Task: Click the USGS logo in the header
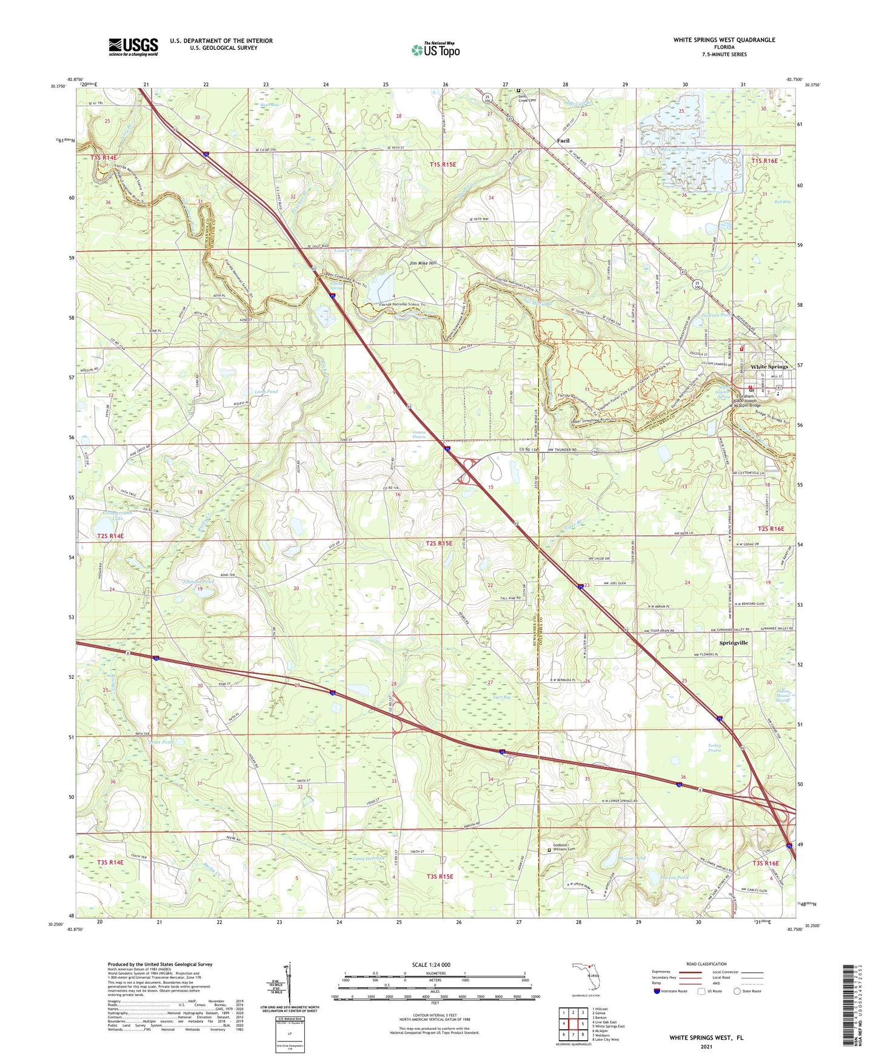(x=133, y=47)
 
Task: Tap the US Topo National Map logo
(x=435, y=49)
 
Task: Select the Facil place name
(x=563, y=141)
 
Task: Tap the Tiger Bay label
(x=501, y=697)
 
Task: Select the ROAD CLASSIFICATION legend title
(x=706, y=964)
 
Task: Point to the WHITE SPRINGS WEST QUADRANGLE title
(x=724, y=40)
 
